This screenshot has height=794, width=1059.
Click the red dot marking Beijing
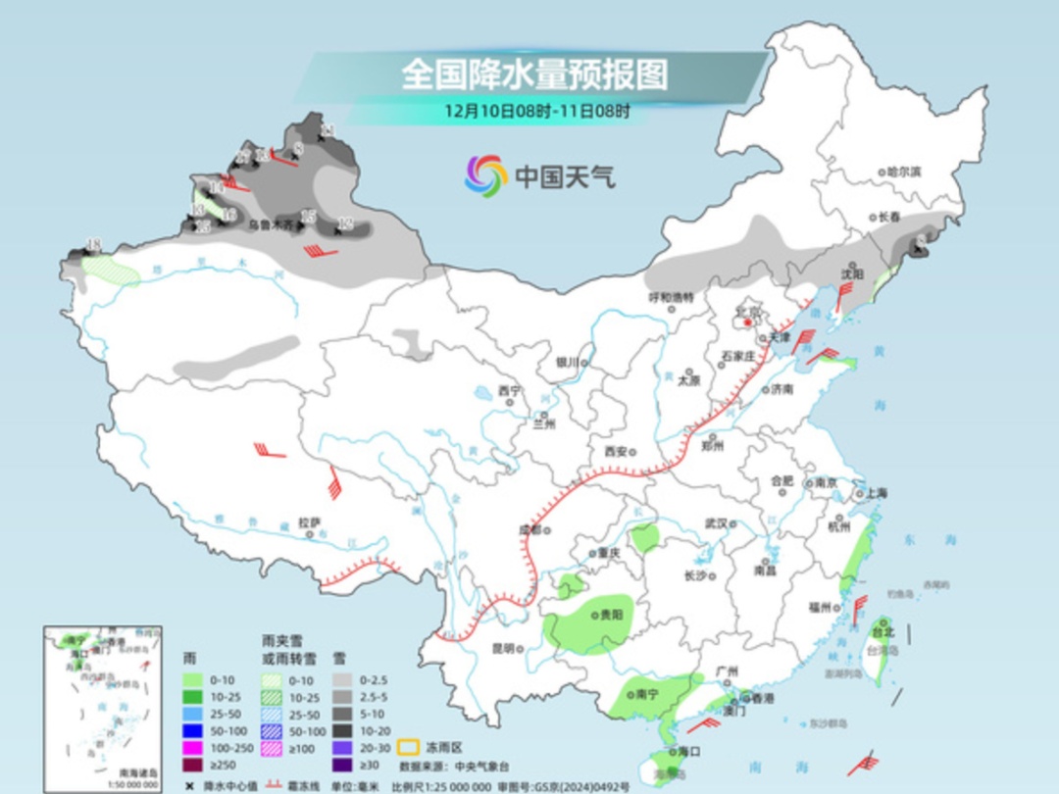tap(747, 322)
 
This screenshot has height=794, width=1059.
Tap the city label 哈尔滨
tap(903, 172)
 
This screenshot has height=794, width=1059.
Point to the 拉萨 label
tap(310, 522)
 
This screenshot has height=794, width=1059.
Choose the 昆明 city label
tap(503, 647)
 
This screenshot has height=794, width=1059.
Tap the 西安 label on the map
tap(615, 452)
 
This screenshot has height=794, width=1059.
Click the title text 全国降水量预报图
tap(534, 74)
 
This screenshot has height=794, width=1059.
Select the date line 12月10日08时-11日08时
tap(536, 111)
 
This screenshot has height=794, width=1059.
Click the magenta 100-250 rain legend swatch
tap(193, 748)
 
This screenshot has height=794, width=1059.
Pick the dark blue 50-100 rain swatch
tap(193, 730)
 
